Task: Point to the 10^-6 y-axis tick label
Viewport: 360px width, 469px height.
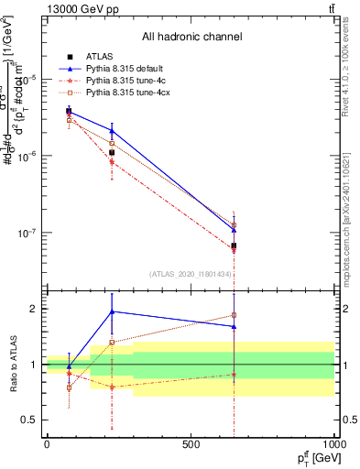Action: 27,156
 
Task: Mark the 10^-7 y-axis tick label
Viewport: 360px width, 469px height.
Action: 27,233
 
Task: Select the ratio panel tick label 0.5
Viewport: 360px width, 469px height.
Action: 28,420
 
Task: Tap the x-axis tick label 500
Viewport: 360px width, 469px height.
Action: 191,444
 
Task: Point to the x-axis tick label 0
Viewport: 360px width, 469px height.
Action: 47,444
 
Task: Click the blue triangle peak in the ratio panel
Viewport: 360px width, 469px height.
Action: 112,311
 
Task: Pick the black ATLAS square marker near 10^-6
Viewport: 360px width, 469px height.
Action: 112,152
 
